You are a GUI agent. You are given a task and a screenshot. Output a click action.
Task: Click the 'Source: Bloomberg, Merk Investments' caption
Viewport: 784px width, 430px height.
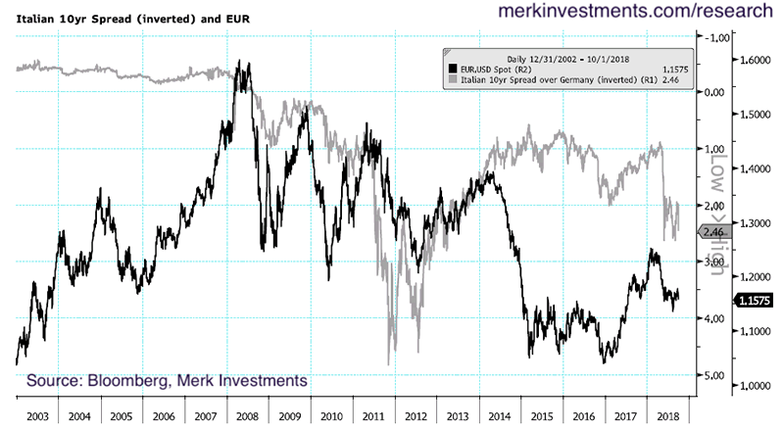pyautogui.click(x=167, y=379)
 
